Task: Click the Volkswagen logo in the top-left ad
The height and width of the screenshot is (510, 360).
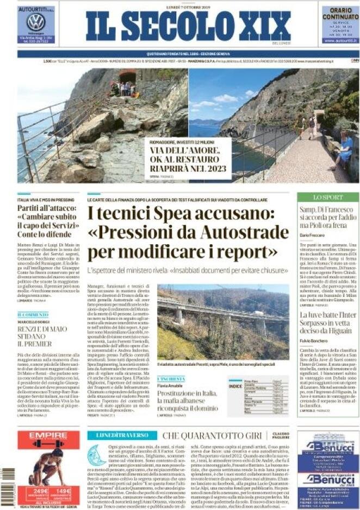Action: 36,22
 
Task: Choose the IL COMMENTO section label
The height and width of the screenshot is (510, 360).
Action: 33,315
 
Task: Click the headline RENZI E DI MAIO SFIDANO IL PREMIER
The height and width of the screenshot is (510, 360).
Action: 44,336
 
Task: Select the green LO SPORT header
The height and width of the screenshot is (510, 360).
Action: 327,198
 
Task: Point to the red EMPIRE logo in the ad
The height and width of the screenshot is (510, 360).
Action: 48,436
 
